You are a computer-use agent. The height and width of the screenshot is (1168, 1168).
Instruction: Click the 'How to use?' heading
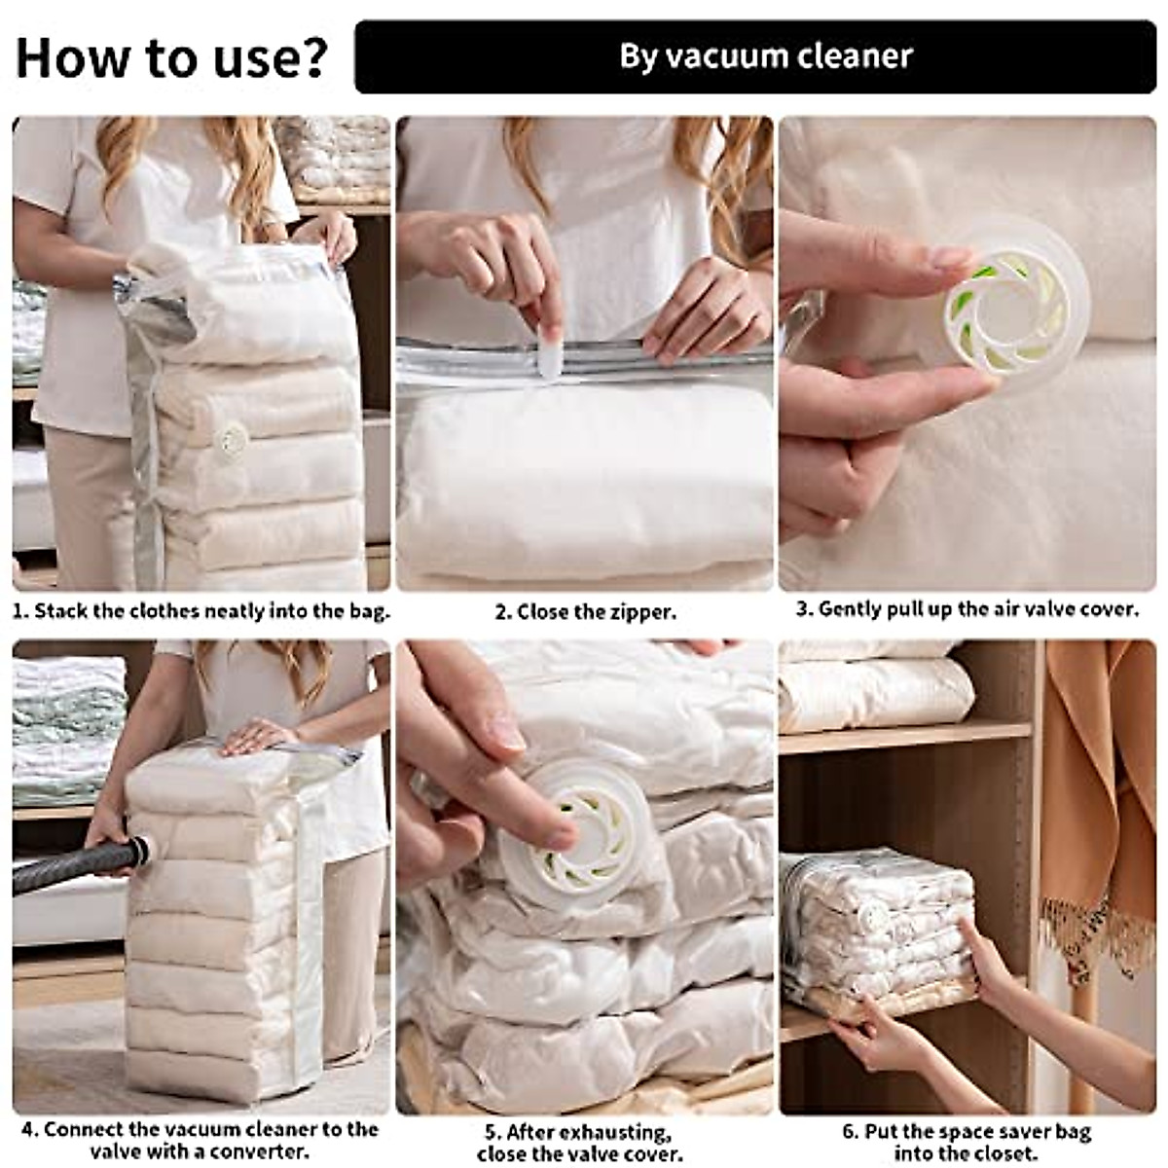click(x=171, y=58)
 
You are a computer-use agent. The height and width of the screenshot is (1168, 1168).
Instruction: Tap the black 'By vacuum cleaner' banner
click(x=755, y=57)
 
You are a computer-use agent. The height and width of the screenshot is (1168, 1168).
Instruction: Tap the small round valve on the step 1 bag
click(x=232, y=441)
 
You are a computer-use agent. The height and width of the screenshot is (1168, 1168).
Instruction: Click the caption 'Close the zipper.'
click(x=586, y=612)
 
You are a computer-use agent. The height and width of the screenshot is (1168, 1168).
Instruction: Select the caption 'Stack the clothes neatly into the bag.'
click(x=201, y=611)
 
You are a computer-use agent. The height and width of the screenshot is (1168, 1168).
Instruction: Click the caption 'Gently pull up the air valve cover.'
click(x=967, y=609)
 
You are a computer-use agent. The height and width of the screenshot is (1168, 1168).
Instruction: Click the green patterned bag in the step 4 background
click(x=68, y=730)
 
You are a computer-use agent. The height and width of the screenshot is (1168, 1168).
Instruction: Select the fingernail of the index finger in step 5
click(x=505, y=738)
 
